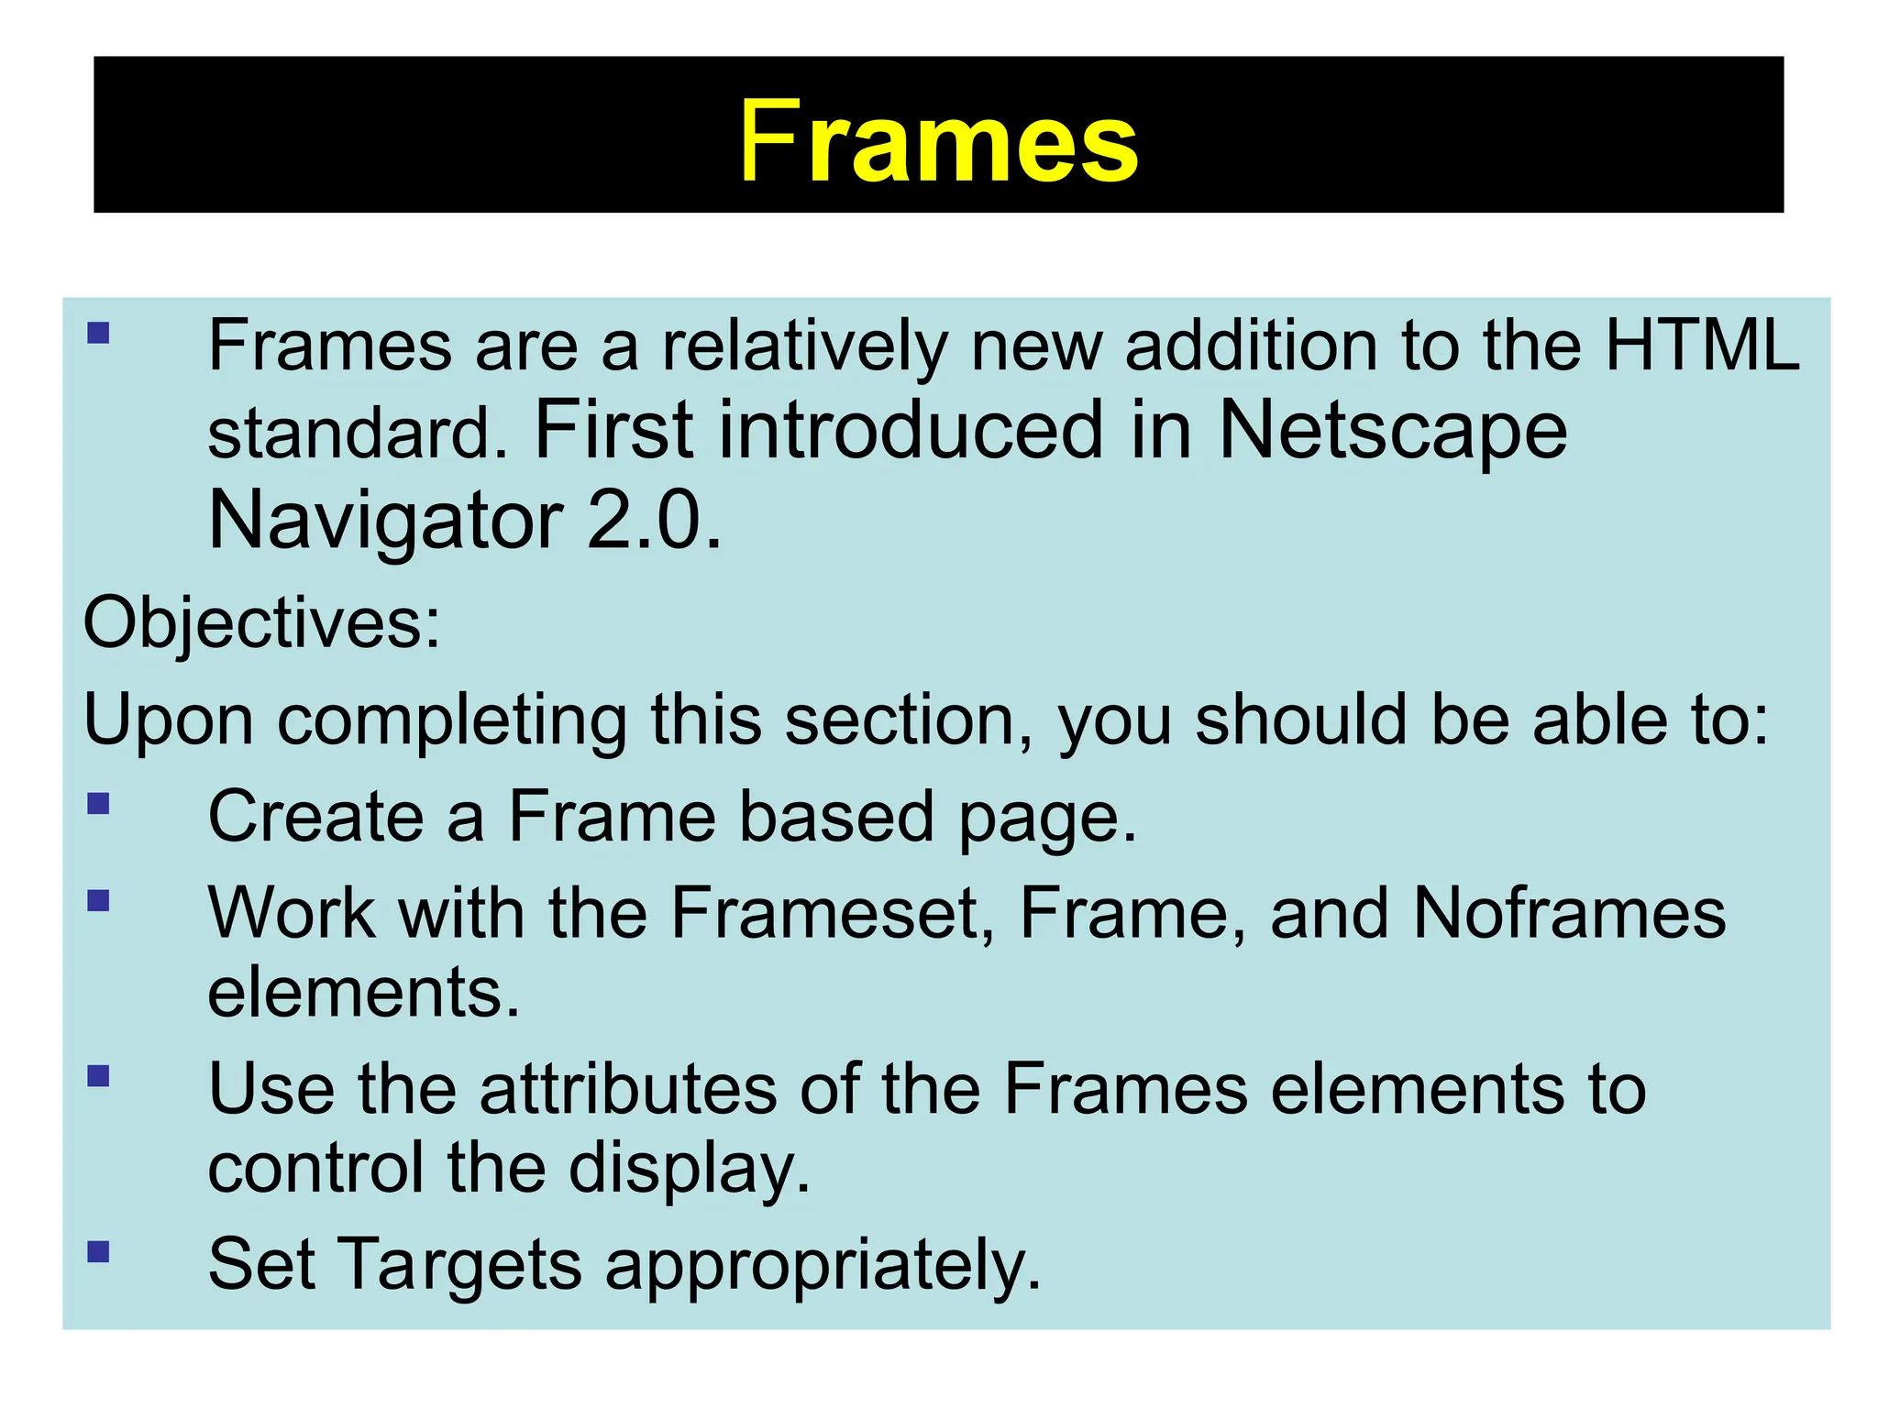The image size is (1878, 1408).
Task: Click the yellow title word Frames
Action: [938, 142]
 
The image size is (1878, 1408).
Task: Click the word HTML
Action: [1702, 346]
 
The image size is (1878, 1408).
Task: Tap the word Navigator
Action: [385, 521]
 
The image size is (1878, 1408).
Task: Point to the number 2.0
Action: [653, 521]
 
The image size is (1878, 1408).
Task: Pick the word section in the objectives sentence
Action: [908, 720]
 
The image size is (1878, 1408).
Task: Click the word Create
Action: [315, 816]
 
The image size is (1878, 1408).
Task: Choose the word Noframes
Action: [1569, 913]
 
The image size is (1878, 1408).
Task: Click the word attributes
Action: [628, 1089]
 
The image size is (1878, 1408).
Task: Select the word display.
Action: [689, 1170]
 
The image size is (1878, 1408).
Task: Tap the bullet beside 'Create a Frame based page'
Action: [99, 804]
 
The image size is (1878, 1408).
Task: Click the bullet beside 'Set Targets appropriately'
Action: [99, 1252]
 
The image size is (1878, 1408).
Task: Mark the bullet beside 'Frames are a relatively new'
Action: [99, 332]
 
